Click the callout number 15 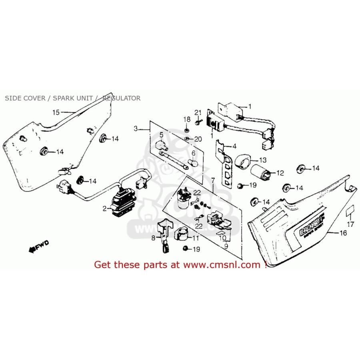click(x=56, y=112)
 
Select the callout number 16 click(x=343, y=233)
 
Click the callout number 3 click(x=136, y=129)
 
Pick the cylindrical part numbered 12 click(x=261, y=173)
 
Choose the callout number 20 click(x=198, y=139)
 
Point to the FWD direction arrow click(x=38, y=248)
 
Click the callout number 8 click(x=153, y=238)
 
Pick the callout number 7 click(x=213, y=180)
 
